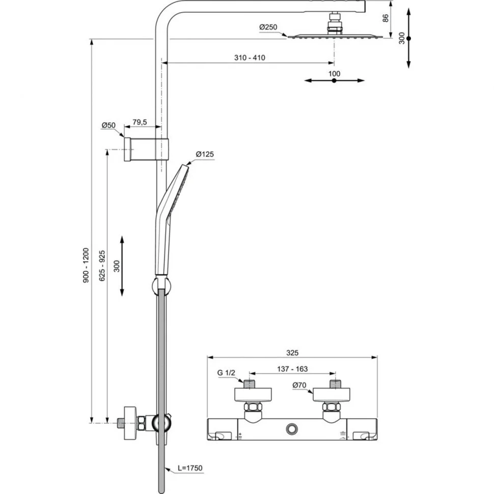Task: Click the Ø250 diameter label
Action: point(267,27)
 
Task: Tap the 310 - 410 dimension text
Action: point(250,58)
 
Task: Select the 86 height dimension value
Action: point(386,18)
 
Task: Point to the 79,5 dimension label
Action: point(140,122)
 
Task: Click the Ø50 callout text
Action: point(108,125)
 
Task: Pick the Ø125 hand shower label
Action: point(205,154)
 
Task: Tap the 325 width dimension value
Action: point(292,352)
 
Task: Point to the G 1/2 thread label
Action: point(227,373)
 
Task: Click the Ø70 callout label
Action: point(300,386)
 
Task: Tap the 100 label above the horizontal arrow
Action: point(334,73)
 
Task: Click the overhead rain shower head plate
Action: point(334,36)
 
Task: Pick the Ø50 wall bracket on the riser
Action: point(146,149)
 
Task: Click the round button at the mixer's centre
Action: point(292,429)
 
